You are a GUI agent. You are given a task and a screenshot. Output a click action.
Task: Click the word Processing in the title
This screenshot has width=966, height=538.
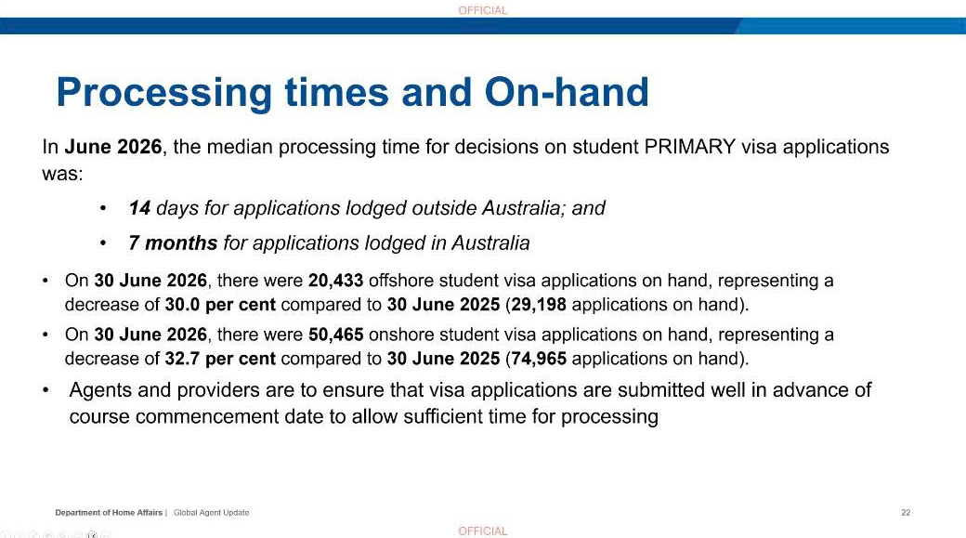(163, 92)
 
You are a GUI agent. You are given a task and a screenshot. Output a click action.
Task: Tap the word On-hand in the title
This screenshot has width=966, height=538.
(567, 92)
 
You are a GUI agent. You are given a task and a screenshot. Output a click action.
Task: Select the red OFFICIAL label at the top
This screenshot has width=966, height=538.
(483, 10)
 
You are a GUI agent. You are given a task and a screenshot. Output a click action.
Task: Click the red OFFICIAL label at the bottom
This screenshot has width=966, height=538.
(483, 531)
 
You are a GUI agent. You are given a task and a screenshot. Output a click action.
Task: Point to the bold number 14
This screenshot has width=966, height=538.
(139, 208)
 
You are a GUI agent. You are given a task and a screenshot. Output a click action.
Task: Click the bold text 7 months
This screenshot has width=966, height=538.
(173, 243)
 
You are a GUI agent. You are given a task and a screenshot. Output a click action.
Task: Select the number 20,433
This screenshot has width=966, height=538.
(335, 281)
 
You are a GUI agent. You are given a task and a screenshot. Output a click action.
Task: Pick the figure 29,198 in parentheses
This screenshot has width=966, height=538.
(539, 305)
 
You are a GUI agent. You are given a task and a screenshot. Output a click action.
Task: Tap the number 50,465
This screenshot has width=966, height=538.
(335, 335)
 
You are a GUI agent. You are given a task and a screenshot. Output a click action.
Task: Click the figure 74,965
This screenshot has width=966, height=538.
(539, 359)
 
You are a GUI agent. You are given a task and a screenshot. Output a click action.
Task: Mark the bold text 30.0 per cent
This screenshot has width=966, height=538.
(220, 305)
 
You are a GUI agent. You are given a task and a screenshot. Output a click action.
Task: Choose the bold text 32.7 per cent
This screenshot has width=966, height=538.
(220, 360)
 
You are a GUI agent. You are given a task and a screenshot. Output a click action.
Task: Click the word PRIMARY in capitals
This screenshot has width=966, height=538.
(690, 147)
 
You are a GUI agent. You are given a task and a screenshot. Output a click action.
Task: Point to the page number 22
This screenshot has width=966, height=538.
(906, 512)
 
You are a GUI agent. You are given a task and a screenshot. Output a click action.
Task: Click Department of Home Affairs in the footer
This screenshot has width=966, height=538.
(109, 512)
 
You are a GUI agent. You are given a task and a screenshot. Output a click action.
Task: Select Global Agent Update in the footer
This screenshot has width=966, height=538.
(212, 512)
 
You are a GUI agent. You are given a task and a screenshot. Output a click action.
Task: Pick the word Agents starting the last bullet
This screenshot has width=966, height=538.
(99, 390)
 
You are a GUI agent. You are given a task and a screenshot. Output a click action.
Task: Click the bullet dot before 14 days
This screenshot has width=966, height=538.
(103, 208)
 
